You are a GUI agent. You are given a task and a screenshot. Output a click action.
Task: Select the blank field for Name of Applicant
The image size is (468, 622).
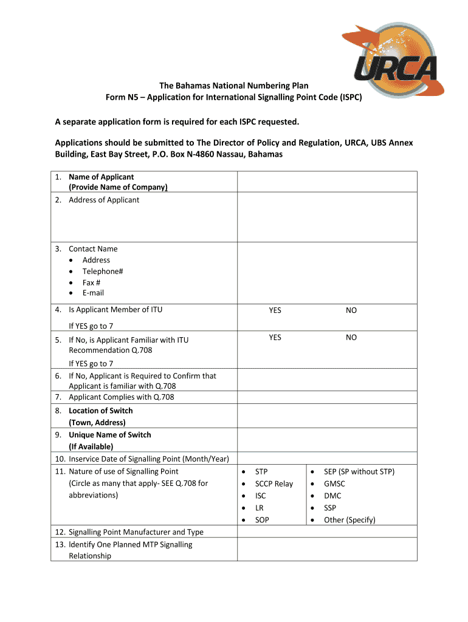click(326, 182)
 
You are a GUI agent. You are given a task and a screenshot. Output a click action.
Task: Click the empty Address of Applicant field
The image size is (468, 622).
click(326, 217)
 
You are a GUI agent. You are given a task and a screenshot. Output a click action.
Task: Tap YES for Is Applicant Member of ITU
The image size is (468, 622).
click(275, 310)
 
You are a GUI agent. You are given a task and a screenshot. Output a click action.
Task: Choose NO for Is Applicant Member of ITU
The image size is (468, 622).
click(351, 310)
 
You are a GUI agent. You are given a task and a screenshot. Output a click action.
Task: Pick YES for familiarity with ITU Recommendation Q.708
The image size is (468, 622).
click(275, 337)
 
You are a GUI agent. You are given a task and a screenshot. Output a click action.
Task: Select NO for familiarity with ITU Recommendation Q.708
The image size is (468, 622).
click(351, 337)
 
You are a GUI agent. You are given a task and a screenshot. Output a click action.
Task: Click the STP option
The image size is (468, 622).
click(261, 471)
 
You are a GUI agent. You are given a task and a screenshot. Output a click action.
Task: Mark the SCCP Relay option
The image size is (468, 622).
click(274, 484)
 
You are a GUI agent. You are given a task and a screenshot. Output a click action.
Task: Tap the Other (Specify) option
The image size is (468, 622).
click(349, 520)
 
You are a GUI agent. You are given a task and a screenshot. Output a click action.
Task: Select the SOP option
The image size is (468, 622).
click(262, 520)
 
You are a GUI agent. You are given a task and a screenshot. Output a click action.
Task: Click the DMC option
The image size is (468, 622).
click(332, 496)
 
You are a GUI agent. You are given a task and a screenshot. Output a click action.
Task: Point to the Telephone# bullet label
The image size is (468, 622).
click(103, 272)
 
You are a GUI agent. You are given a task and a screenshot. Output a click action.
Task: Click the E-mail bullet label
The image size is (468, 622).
click(93, 293)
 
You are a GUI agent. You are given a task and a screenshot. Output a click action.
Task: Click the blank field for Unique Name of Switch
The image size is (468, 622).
click(326, 440)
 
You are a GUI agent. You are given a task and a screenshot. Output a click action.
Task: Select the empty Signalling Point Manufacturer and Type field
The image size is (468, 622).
click(326, 531)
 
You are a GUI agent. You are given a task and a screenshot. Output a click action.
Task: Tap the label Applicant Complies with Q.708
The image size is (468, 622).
click(122, 397)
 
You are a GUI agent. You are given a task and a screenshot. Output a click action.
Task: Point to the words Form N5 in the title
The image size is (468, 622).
click(122, 98)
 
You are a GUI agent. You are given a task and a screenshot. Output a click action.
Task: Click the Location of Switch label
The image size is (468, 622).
click(100, 411)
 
